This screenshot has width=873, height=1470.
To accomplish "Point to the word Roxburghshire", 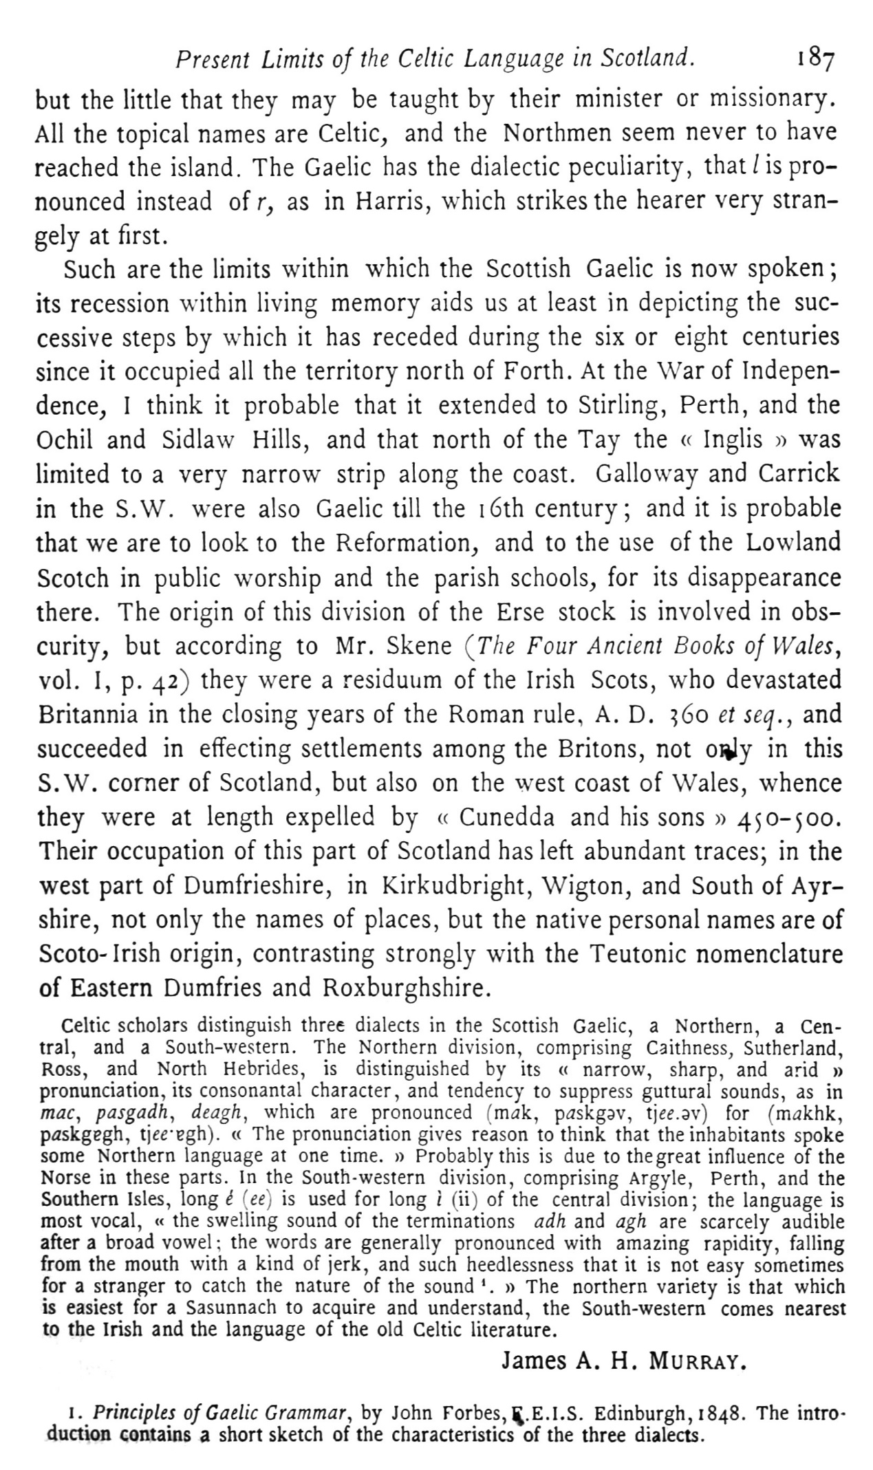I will [406, 988].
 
